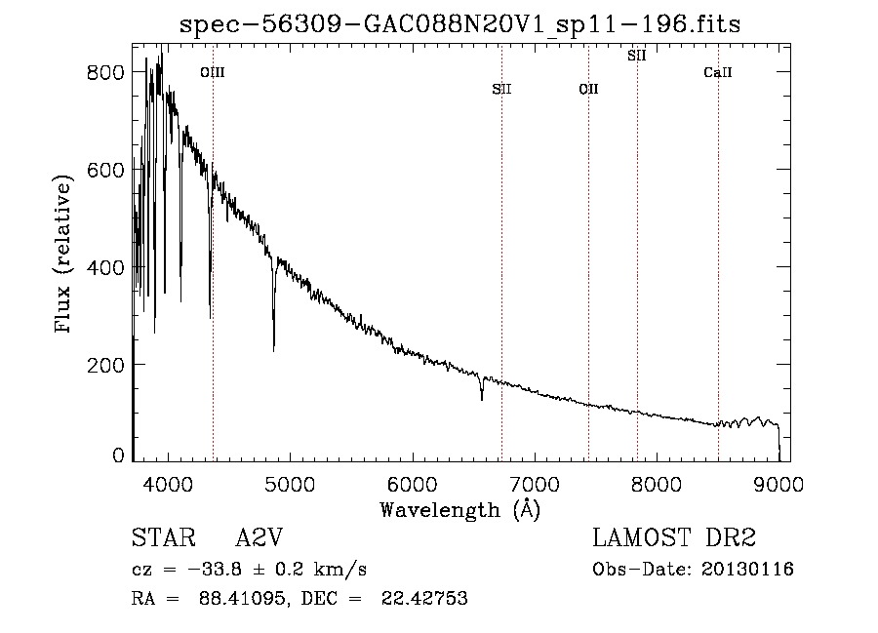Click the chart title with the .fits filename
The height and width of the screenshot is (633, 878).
click(x=459, y=24)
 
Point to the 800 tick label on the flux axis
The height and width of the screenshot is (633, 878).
click(x=105, y=72)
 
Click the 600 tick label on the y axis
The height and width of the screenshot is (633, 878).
click(x=105, y=170)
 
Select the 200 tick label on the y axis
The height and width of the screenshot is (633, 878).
click(x=105, y=365)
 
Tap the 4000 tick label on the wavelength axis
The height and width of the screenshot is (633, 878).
click(x=168, y=484)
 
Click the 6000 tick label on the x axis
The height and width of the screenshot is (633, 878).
click(x=413, y=484)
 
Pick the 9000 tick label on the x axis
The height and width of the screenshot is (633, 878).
click(x=778, y=484)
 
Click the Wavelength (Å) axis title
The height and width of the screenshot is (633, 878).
click(x=460, y=510)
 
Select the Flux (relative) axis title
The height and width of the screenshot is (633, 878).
click(x=62, y=255)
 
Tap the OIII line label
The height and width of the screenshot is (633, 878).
click(x=213, y=72)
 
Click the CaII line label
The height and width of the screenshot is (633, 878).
click(x=718, y=72)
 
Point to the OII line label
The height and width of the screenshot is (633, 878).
click(x=588, y=89)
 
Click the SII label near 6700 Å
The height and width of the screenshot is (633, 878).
click(x=501, y=89)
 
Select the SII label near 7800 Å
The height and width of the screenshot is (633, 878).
click(x=637, y=56)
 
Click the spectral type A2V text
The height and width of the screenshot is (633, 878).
click(x=259, y=537)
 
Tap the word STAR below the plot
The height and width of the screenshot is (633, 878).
click(x=164, y=537)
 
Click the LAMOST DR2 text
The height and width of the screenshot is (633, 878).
click(x=674, y=537)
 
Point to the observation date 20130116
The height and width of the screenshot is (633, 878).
click(x=747, y=570)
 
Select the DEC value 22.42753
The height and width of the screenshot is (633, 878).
click(x=424, y=598)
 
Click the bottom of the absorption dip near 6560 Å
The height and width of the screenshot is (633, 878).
click(x=482, y=400)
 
